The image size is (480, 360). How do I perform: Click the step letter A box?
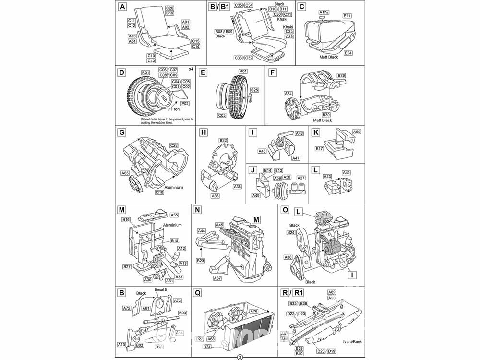pos(123,7)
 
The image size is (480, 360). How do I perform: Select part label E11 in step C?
pos(348,16)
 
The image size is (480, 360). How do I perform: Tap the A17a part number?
pos(324,12)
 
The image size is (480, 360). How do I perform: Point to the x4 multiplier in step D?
pos(191,69)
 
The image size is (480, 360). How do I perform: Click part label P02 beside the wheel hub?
pos(185,103)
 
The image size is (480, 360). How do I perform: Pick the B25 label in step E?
pos(254,90)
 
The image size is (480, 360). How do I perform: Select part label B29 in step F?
pos(341,75)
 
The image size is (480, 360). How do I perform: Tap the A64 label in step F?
pos(288,94)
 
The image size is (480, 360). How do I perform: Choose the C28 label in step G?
pos(174,145)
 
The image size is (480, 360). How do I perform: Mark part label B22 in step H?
pos(223,140)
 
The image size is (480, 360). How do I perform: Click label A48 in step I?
pos(299,133)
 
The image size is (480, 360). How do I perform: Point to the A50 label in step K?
pos(357,132)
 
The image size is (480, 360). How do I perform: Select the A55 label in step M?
pos(174,215)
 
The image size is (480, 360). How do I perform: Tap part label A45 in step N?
pos(219,225)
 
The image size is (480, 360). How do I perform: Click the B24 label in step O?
pos(291,233)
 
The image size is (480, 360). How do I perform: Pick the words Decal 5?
pos(160,290)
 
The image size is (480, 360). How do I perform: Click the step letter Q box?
pos(196,292)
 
